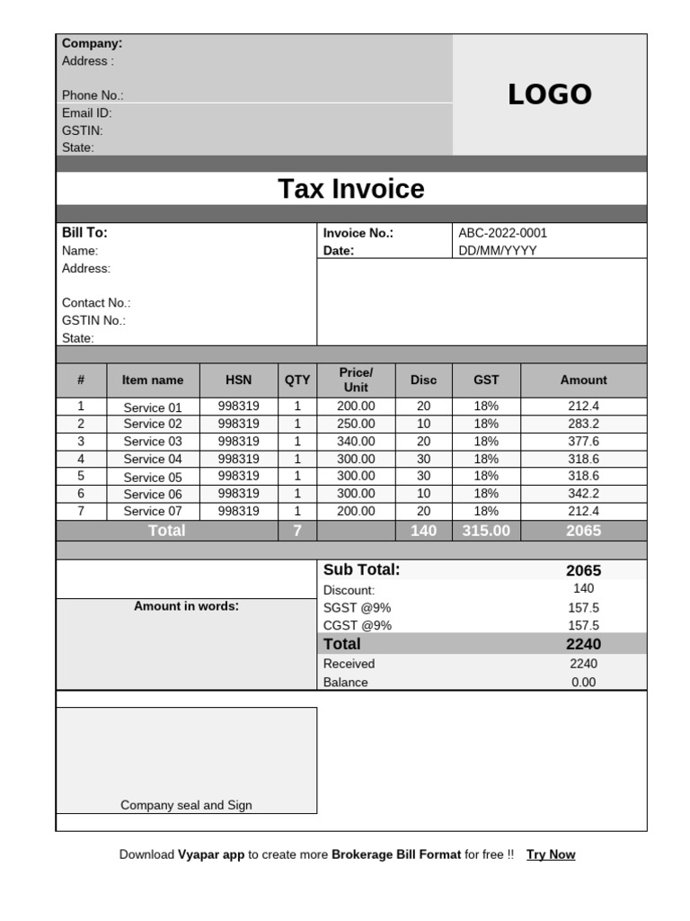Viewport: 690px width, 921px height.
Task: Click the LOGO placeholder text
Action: click(549, 94)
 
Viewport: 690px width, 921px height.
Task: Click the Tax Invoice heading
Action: click(350, 189)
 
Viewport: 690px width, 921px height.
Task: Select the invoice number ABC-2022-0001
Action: click(502, 233)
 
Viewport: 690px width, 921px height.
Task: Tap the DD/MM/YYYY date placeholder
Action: click(497, 251)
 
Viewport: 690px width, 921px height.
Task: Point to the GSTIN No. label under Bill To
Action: click(93, 320)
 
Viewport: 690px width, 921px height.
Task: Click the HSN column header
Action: click(238, 380)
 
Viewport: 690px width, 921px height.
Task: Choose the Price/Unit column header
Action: click(356, 380)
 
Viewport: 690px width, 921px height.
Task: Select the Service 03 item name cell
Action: click(152, 442)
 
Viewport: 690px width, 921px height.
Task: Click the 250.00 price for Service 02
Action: click(356, 424)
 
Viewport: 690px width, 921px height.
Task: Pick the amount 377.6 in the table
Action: click(583, 442)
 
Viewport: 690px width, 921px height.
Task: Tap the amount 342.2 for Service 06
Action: click(583, 494)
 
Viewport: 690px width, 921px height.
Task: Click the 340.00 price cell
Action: click(356, 442)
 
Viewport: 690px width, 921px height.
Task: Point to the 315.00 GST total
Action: click(486, 531)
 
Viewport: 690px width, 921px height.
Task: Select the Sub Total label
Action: click(361, 569)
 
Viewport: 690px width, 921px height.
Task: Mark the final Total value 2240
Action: click(583, 644)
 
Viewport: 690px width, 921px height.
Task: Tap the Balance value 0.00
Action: click(583, 683)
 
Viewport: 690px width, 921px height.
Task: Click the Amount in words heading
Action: click(186, 606)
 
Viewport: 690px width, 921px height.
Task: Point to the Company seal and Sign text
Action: click(186, 806)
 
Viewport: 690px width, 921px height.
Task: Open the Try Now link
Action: click(551, 854)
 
